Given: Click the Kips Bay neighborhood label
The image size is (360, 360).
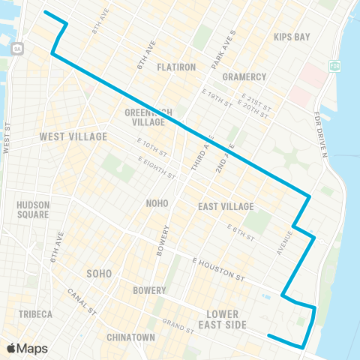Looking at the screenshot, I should tap(292, 37).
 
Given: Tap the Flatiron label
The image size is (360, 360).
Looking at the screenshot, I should tap(176, 67).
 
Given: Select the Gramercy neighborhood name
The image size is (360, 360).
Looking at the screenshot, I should tap(244, 76).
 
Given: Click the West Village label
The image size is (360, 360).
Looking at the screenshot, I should tap(73, 137).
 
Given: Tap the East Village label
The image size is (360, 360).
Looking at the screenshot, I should tap(226, 206).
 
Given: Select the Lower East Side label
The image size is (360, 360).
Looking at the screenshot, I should tap(223, 319).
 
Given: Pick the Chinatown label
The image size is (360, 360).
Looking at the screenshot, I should tap(130, 337).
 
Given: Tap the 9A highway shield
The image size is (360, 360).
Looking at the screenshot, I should tap(16, 48).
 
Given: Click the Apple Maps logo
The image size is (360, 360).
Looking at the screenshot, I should tap(27, 348).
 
